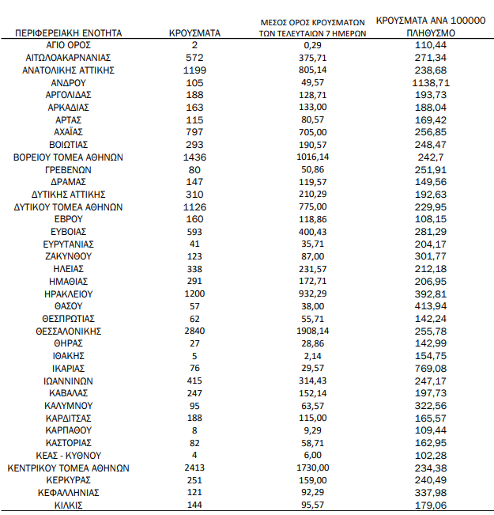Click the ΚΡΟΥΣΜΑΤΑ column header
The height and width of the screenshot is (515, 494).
(x=194, y=33)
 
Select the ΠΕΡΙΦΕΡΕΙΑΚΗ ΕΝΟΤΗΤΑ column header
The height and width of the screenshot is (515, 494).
(x=68, y=33)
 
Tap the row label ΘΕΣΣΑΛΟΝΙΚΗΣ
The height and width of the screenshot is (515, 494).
(x=68, y=331)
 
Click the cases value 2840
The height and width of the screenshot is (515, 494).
(x=194, y=331)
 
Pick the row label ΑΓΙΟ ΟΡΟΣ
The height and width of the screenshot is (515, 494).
(x=68, y=45)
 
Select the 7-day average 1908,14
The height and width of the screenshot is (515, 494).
(x=314, y=331)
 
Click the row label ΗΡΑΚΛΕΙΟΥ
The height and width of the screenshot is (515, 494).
(x=68, y=293)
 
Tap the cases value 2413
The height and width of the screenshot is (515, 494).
(x=194, y=468)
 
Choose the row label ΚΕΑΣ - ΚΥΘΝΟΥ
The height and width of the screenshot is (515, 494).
(x=68, y=455)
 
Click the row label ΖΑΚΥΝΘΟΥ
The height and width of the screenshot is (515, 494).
(x=68, y=256)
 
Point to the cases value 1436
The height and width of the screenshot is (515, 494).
(x=194, y=157)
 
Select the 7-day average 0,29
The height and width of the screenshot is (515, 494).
(x=314, y=45)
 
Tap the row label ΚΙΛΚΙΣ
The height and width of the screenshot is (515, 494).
(x=68, y=505)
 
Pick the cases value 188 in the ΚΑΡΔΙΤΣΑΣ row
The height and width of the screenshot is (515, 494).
(x=194, y=418)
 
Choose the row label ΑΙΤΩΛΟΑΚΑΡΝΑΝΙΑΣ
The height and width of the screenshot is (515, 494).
(x=68, y=58)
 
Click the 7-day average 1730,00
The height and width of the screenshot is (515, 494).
(x=314, y=468)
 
